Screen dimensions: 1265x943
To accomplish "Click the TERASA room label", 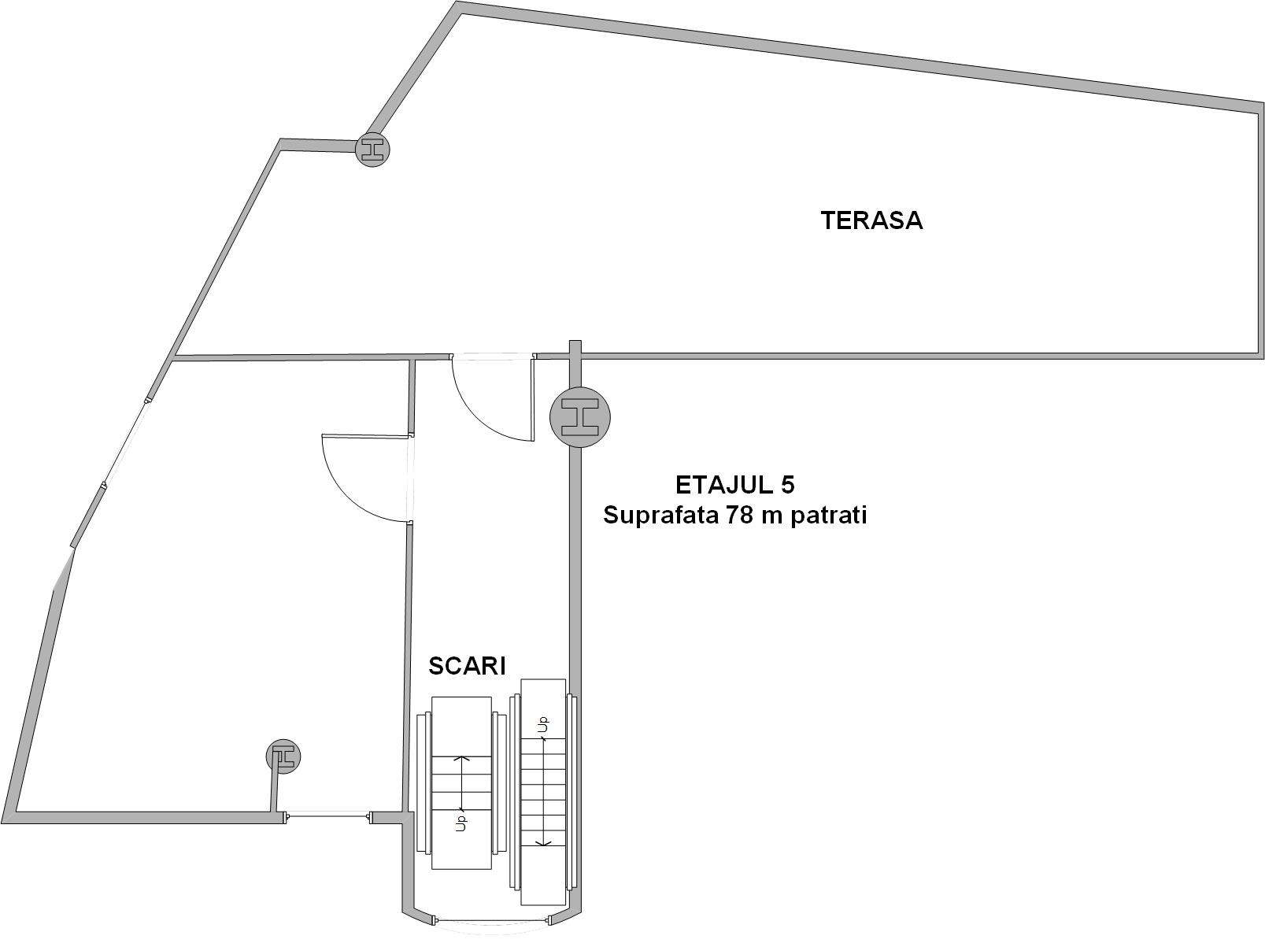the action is [x=871, y=220].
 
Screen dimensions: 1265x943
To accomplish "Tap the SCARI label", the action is [x=467, y=666].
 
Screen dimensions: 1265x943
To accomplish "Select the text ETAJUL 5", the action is [x=734, y=485].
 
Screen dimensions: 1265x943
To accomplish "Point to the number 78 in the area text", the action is [x=739, y=515].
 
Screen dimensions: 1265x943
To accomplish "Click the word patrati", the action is [x=828, y=516].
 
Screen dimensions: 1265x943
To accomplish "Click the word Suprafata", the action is [x=660, y=516].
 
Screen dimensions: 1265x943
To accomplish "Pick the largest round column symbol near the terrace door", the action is [x=580, y=416].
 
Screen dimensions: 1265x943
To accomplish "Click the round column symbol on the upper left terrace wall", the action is [x=372, y=150].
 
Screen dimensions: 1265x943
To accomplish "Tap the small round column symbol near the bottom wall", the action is [x=283, y=756].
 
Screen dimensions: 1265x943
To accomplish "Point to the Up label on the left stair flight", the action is [x=461, y=822].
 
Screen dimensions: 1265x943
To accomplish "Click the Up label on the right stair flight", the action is [x=543, y=726].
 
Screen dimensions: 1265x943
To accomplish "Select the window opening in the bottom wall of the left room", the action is [x=327, y=816].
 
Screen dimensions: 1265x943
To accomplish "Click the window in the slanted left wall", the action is [x=125, y=442].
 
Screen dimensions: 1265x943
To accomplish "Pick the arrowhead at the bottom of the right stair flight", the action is [x=543, y=843].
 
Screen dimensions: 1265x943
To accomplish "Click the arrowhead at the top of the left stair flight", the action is [x=461, y=758].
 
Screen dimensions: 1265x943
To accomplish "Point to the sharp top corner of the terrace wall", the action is [x=457, y=3].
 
